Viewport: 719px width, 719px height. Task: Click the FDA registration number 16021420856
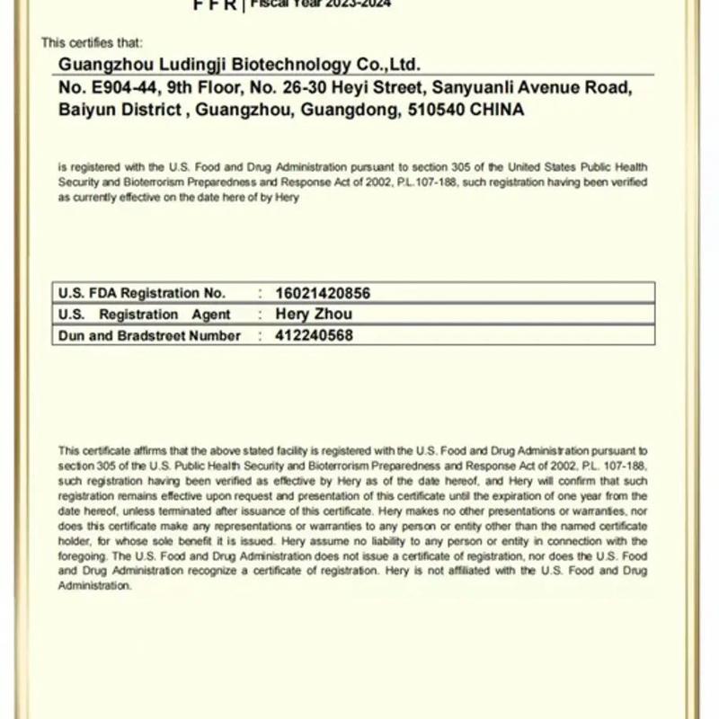[x=322, y=293]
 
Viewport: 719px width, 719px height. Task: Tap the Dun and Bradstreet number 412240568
[x=314, y=336]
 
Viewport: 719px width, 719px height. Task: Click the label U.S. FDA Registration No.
[x=142, y=293]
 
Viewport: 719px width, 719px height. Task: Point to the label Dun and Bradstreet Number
[x=149, y=336]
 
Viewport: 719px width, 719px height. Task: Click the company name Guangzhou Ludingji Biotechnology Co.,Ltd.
[x=239, y=65]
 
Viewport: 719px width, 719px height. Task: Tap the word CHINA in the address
[x=497, y=111]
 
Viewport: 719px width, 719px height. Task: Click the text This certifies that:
[x=92, y=42]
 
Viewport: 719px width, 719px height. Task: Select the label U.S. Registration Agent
[x=145, y=315]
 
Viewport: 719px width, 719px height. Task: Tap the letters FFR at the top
[x=216, y=5]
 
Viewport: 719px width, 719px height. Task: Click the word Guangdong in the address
[x=349, y=111]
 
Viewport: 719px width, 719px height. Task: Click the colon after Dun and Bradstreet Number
[x=261, y=336]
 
